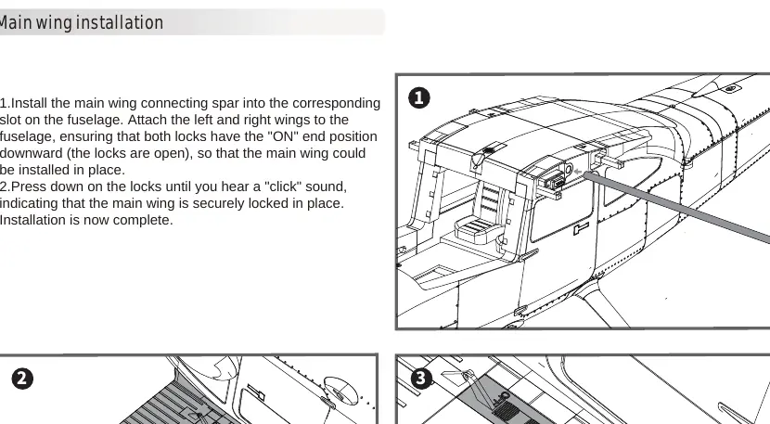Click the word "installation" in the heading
(x=120, y=22)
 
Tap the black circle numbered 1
(x=419, y=97)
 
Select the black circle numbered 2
(x=22, y=379)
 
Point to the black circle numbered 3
(x=421, y=379)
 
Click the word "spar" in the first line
(x=225, y=104)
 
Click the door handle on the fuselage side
(x=581, y=227)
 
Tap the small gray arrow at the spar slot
(x=577, y=172)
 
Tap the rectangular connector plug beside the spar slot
(x=554, y=180)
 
